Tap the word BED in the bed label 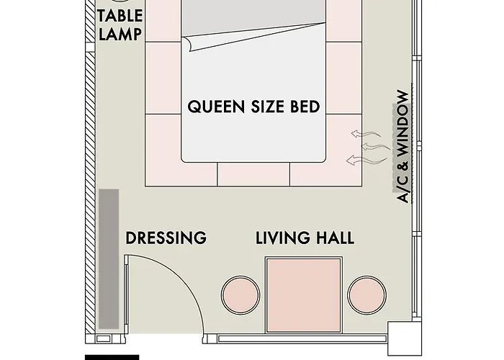[305, 107]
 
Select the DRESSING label [166, 238]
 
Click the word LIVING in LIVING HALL [283, 238]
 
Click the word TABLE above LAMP [120, 16]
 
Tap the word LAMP [120, 34]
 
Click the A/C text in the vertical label [402, 189]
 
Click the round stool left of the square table [240, 295]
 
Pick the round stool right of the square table [367, 295]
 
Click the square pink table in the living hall [304, 295]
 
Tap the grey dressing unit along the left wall [109, 259]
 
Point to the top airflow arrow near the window [366, 134]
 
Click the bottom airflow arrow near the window [366, 160]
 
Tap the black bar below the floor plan [112, 357]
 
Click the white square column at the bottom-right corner [405, 338]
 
